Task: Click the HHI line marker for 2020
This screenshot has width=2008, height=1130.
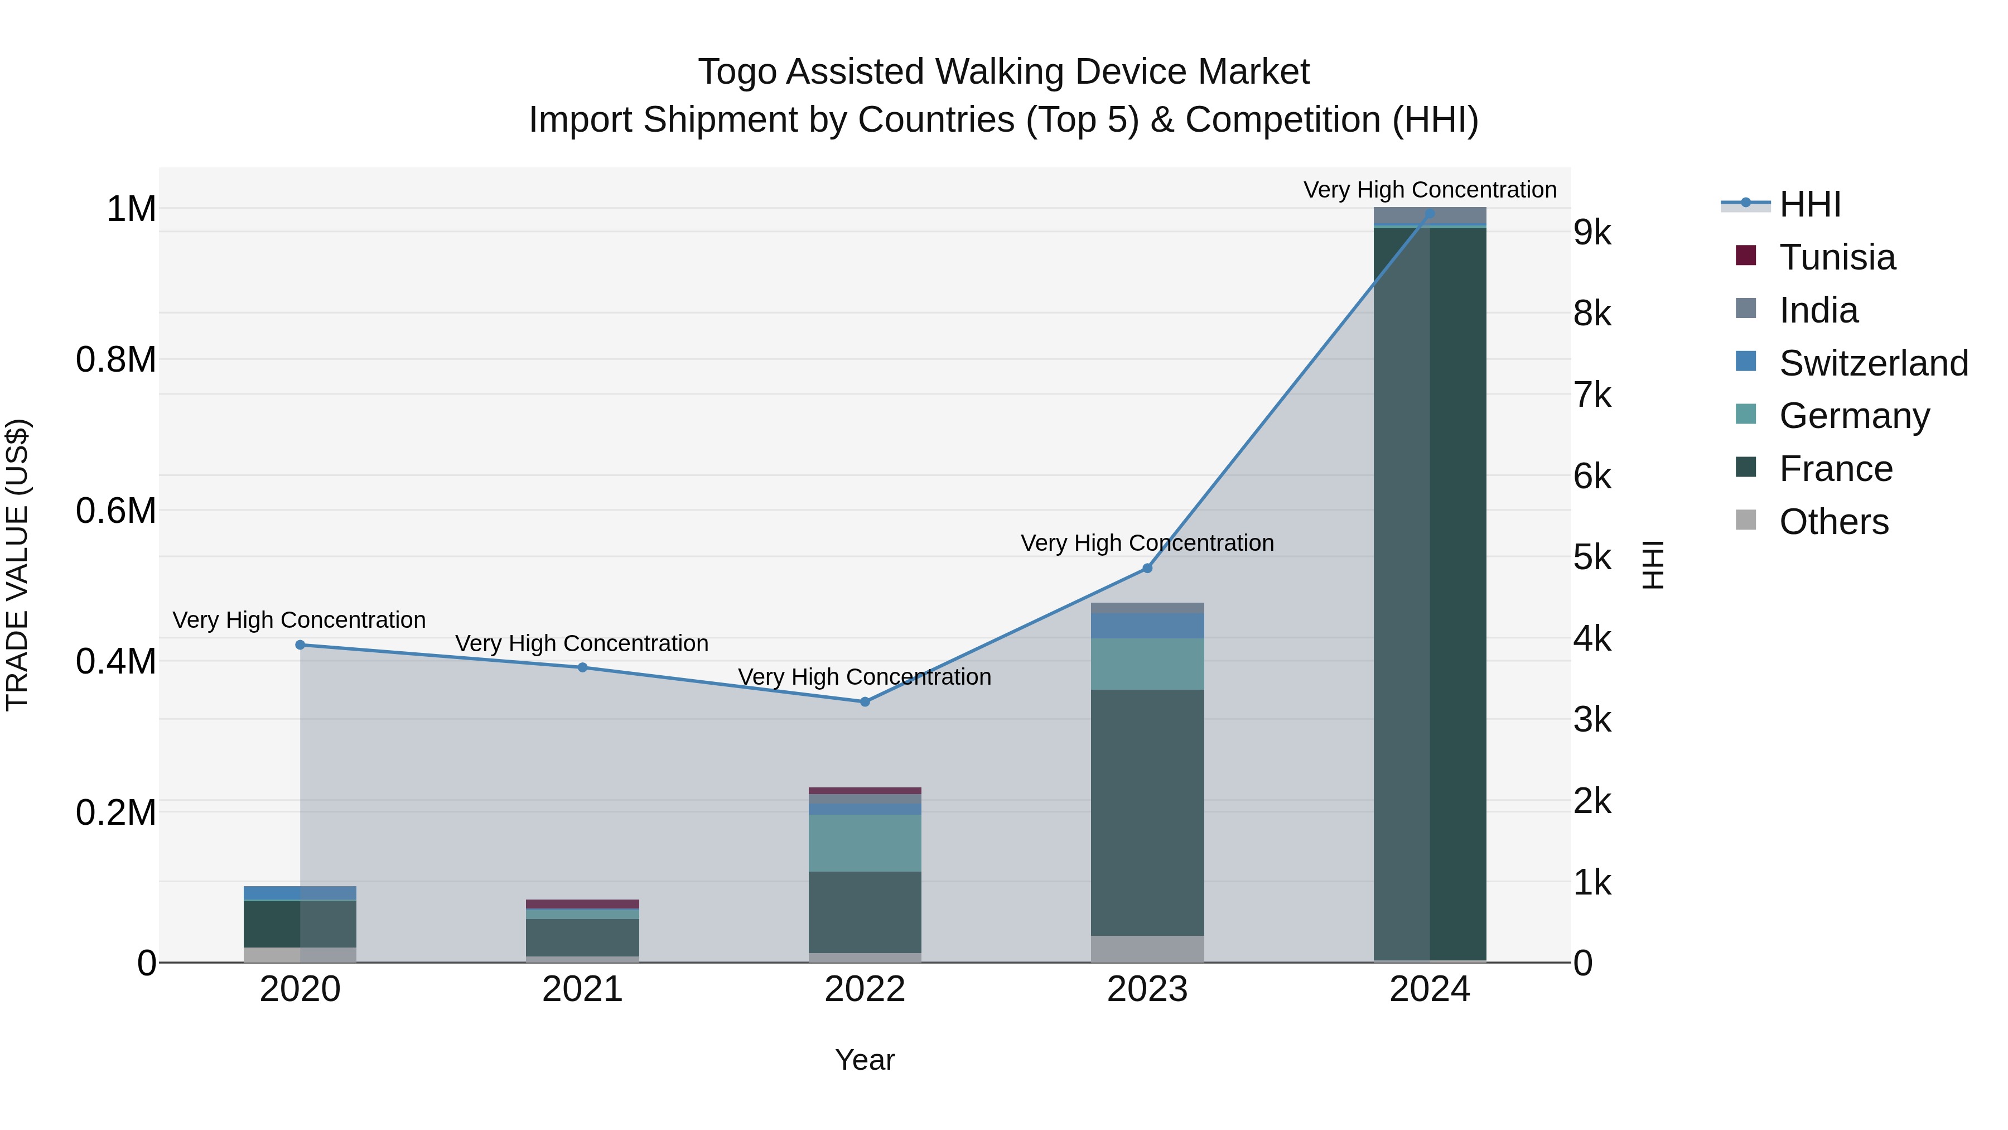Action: [x=300, y=645]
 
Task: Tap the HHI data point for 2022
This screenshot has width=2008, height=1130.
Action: [x=865, y=702]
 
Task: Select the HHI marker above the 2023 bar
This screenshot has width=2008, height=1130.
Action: [x=1147, y=569]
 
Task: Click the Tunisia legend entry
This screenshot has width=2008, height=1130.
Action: [x=1837, y=257]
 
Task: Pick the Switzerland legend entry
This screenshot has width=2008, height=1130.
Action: [x=1872, y=363]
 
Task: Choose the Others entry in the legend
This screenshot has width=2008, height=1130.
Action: [x=1833, y=522]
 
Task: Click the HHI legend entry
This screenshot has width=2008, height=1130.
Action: [x=1808, y=204]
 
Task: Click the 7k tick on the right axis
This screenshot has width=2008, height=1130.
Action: [x=1592, y=396]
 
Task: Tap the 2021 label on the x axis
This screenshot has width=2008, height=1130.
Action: [x=582, y=989]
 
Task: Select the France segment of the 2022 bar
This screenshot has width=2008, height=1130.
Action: [x=865, y=912]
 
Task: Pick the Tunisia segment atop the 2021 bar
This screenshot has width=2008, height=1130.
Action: [x=582, y=904]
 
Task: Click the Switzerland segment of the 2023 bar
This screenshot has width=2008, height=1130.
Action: [x=1147, y=626]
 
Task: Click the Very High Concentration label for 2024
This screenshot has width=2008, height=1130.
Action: [x=1430, y=190]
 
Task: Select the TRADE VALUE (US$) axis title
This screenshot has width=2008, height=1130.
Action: [x=17, y=565]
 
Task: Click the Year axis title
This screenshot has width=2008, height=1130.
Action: [x=865, y=1060]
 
